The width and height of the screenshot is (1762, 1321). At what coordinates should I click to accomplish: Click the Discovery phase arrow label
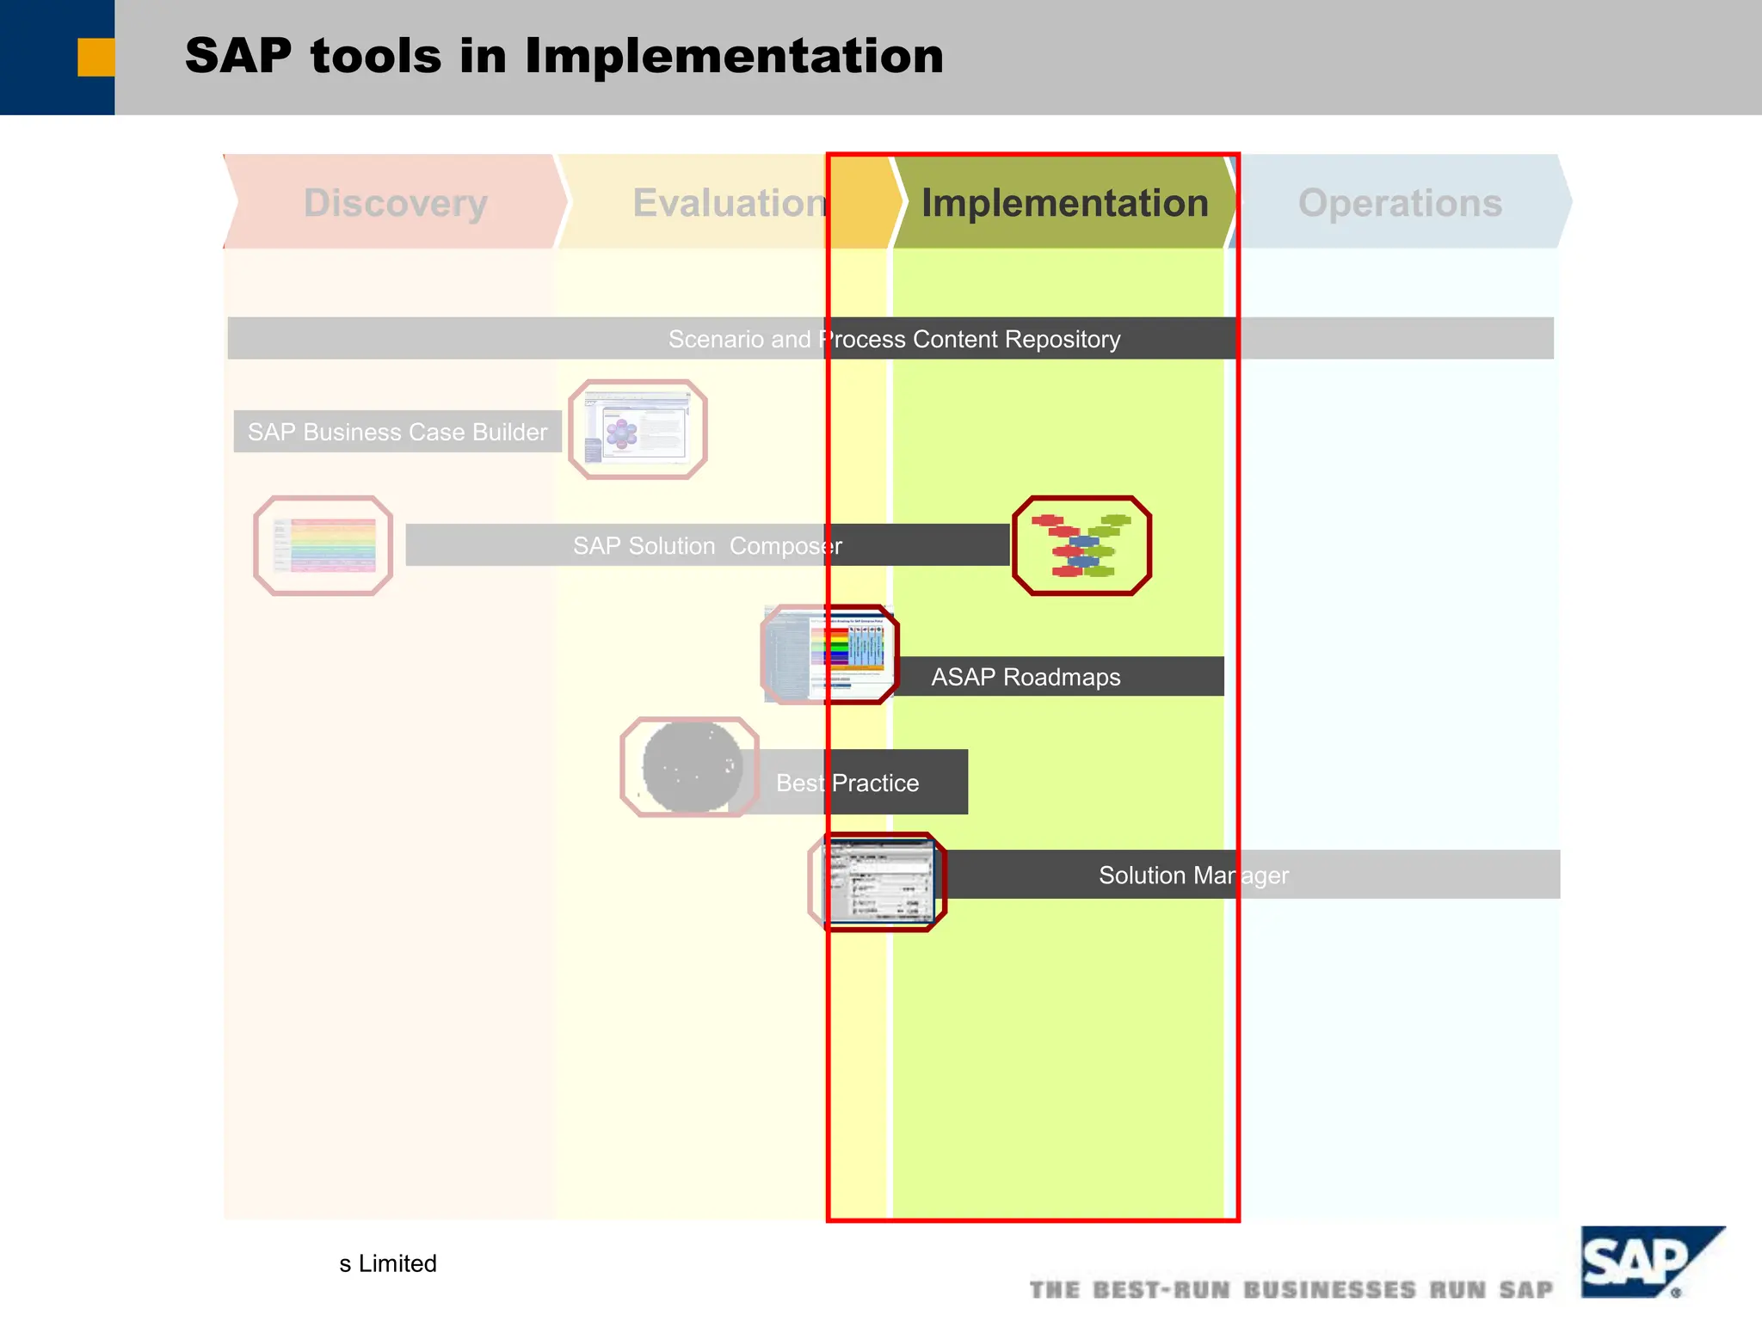pyautogui.click(x=396, y=203)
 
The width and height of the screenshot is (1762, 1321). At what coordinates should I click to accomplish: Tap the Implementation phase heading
pyautogui.click(x=1065, y=203)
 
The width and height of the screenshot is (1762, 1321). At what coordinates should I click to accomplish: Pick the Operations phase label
pyautogui.click(x=1400, y=203)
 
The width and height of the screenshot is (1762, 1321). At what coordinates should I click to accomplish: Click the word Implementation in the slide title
pyautogui.click(x=734, y=56)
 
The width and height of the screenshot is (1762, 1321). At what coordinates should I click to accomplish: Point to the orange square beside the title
pyautogui.click(x=95, y=58)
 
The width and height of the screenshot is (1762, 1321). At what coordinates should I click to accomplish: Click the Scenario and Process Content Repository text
pyautogui.click(x=894, y=339)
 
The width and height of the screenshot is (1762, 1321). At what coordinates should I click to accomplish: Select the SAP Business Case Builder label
pyautogui.click(x=397, y=432)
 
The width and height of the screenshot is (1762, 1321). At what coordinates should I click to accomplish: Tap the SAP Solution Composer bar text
pyautogui.click(x=707, y=545)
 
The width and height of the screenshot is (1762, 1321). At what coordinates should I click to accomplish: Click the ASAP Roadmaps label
pyautogui.click(x=1026, y=677)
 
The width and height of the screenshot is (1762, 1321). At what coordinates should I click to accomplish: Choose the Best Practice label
pyautogui.click(x=847, y=783)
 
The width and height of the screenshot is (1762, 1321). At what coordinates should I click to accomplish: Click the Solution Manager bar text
pyautogui.click(x=1193, y=875)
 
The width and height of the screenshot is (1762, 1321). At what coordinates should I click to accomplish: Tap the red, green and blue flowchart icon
pyautogui.click(x=1081, y=545)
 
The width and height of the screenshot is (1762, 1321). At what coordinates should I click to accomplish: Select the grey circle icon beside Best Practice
pyautogui.click(x=690, y=767)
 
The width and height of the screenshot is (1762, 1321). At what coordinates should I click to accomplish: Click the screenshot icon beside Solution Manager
pyautogui.click(x=878, y=882)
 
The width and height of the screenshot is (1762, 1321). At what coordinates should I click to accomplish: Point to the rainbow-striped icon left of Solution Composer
pyautogui.click(x=323, y=545)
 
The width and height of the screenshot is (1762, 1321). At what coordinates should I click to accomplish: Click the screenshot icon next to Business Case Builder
pyautogui.click(x=638, y=429)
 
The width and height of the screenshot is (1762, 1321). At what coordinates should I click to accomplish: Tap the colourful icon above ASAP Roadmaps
pyautogui.click(x=830, y=654)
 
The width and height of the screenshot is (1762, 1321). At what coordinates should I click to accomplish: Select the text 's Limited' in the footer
pyautogui.click(x=388, y=1263)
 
